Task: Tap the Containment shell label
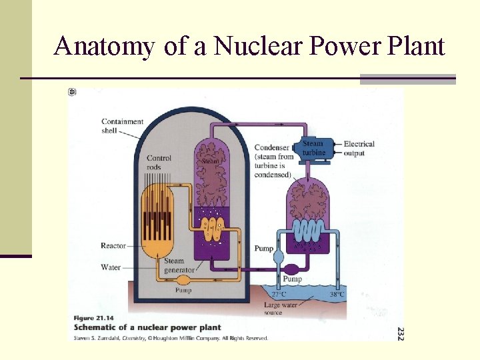pos(122,126)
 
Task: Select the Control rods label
pos(159,162)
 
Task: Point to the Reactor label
pos(113,246)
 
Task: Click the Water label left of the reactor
pos(111,267)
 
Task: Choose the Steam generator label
pos(179,266)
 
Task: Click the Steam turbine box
pos(313,148)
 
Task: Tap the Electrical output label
pos(359,148)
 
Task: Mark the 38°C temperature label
pos(337,294)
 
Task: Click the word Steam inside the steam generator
pos(211,161)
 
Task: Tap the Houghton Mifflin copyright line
pos(170,338)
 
